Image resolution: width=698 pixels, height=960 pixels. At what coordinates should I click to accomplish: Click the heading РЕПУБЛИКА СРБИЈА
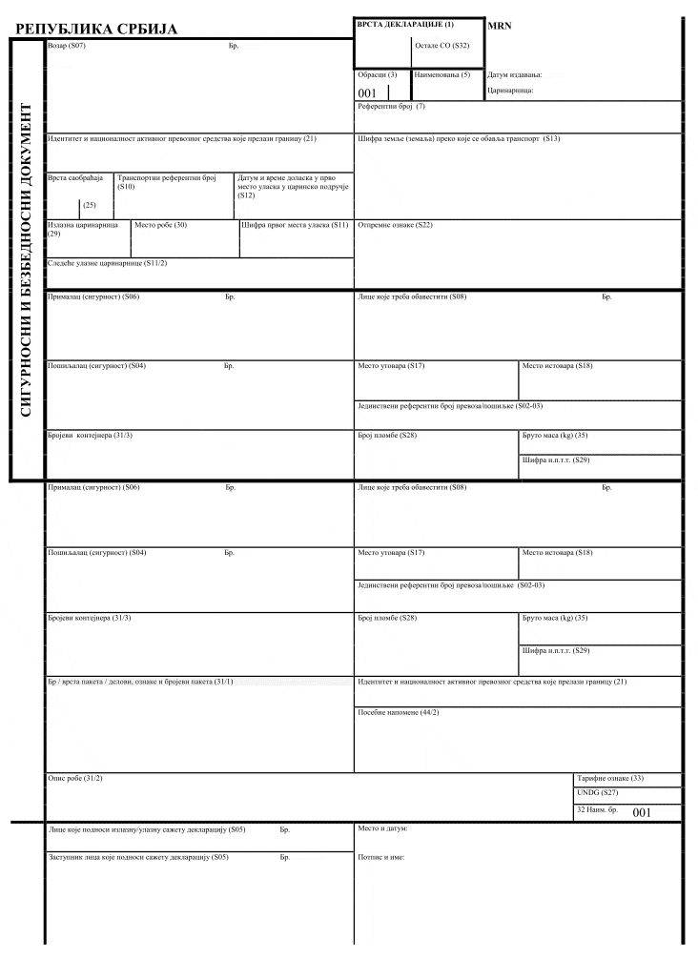click(x=97, y=30)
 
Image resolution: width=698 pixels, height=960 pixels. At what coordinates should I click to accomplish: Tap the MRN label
click(x=500, y=26)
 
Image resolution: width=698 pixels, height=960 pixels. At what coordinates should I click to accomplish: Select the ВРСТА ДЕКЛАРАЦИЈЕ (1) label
click(x=405, y=23)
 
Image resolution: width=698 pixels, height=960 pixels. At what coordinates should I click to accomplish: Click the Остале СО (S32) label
click(x=442, y=45)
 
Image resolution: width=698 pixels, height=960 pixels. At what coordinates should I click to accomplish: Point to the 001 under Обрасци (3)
click(x=367, y=93)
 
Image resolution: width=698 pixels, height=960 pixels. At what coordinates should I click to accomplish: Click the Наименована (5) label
click(x=442, y=74)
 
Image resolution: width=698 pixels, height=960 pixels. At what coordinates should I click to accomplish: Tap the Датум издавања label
click(x=514, y=74)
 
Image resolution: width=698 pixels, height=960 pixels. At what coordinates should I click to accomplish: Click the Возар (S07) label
click(x=66, y=46)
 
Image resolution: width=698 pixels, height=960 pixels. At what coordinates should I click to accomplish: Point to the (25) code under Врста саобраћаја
click(x=90, y=205)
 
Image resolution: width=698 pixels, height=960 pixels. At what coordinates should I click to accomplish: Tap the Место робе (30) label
click(x=160, y=225)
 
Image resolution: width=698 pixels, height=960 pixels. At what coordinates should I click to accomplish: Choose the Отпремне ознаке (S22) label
click(x=395, y=225)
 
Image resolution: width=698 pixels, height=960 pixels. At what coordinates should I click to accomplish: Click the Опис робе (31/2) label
click(x=74, y=779)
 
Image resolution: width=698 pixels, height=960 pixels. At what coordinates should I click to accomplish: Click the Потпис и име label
click(x=381, y=857)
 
